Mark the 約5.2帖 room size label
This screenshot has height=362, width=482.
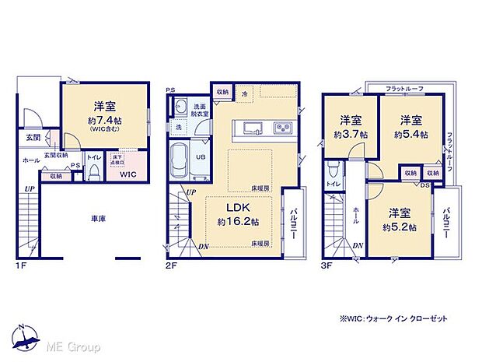pyautogui.click(x=400, y=227)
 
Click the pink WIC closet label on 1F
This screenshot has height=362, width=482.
pyautogui.click(x=127, y=175)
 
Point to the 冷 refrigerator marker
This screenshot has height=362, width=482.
pyautogui.click(x=243, y=93)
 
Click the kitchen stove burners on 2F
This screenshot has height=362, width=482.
pyautogui.click(x=285, y=128)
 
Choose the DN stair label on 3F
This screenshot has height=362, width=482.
pyautogui.click(x=358, y=246)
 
